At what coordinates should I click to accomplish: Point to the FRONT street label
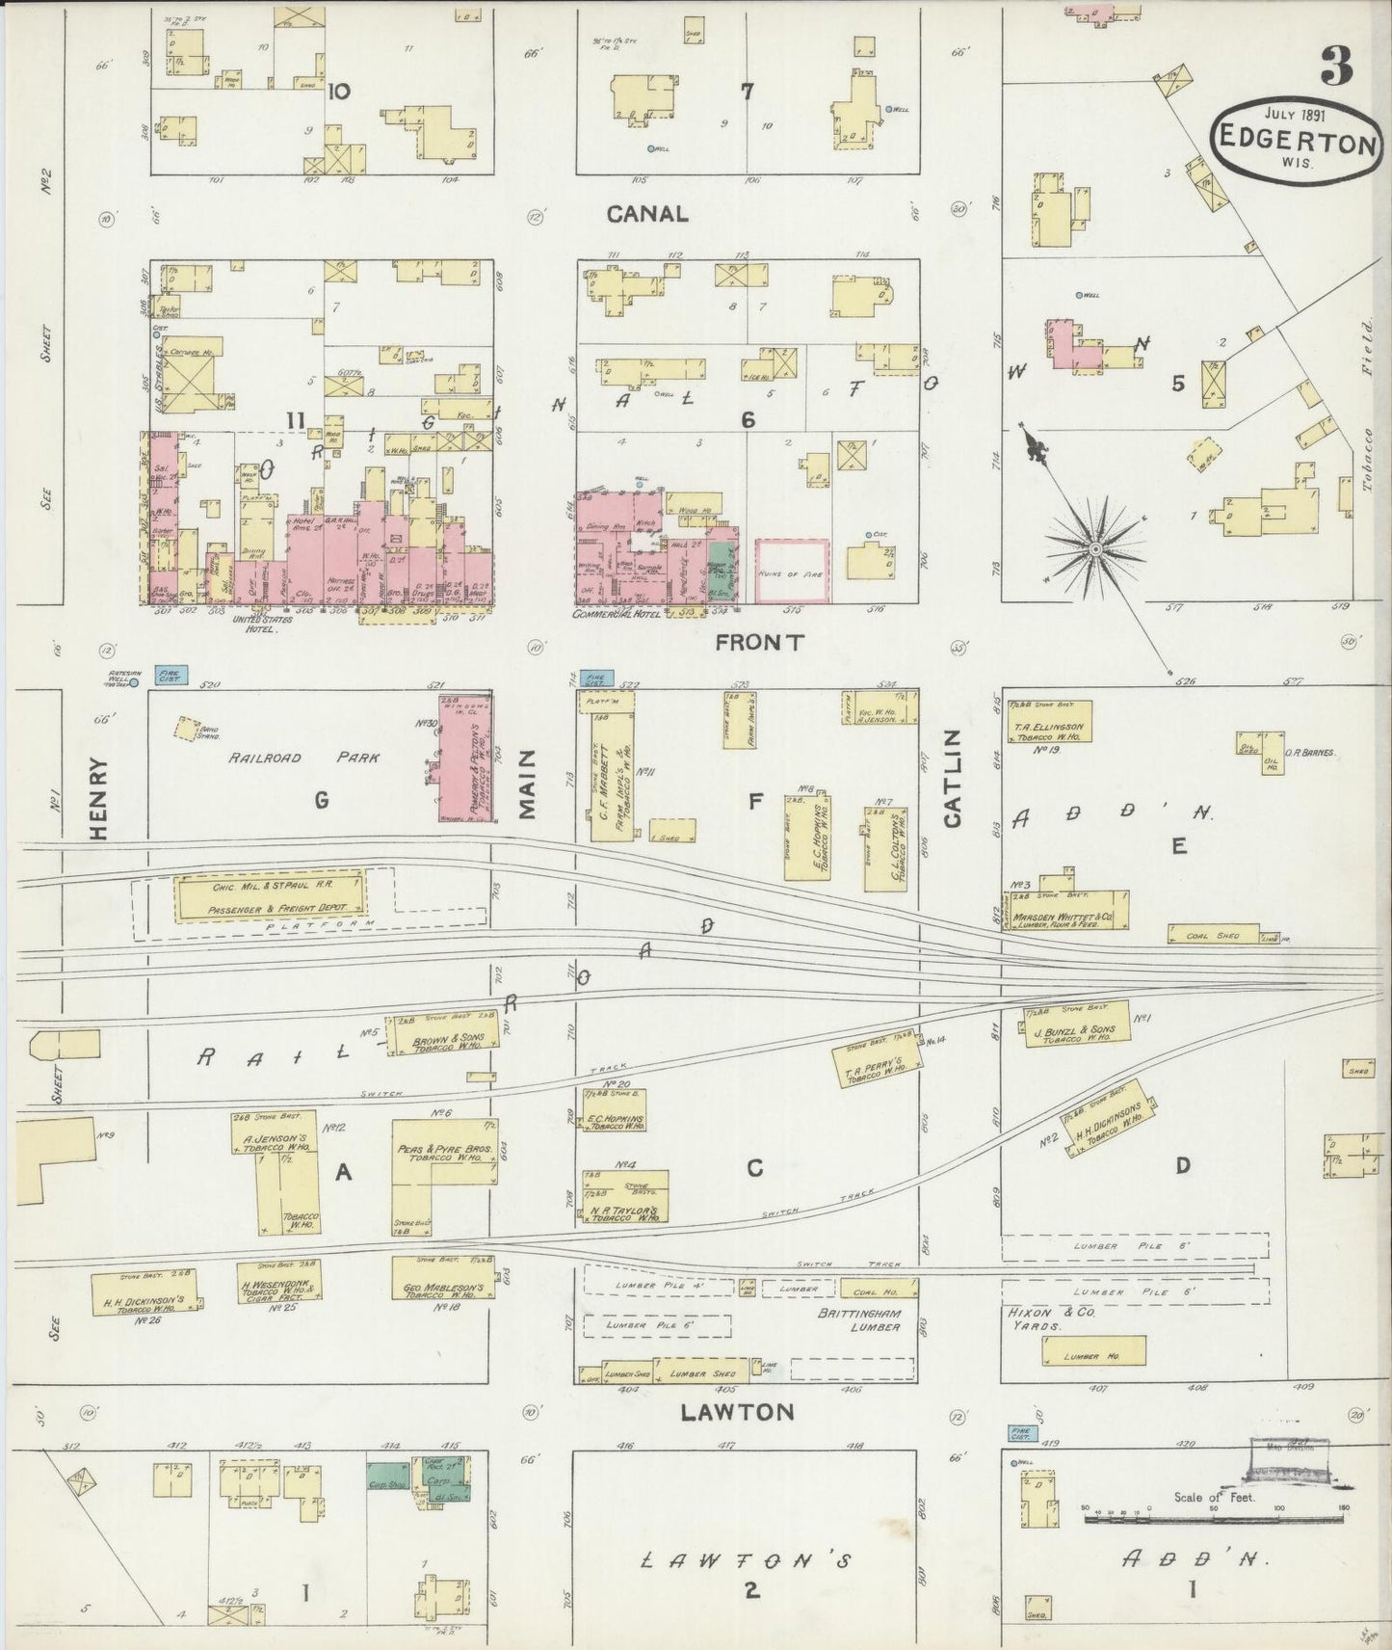click(759, 642)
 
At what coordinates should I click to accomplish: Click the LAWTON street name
click(737, 1412)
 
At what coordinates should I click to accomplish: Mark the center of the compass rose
click(1095, 549)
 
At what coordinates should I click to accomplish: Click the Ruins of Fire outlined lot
click(792, 571)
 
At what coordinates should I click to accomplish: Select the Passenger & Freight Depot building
click(271, 896)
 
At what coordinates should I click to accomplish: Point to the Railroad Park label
click(304, 758)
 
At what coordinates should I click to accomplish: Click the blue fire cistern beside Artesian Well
click(171, 675)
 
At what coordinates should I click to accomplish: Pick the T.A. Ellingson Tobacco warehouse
click(1047, 722)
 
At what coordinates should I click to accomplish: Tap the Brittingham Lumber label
click(859, 1320)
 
